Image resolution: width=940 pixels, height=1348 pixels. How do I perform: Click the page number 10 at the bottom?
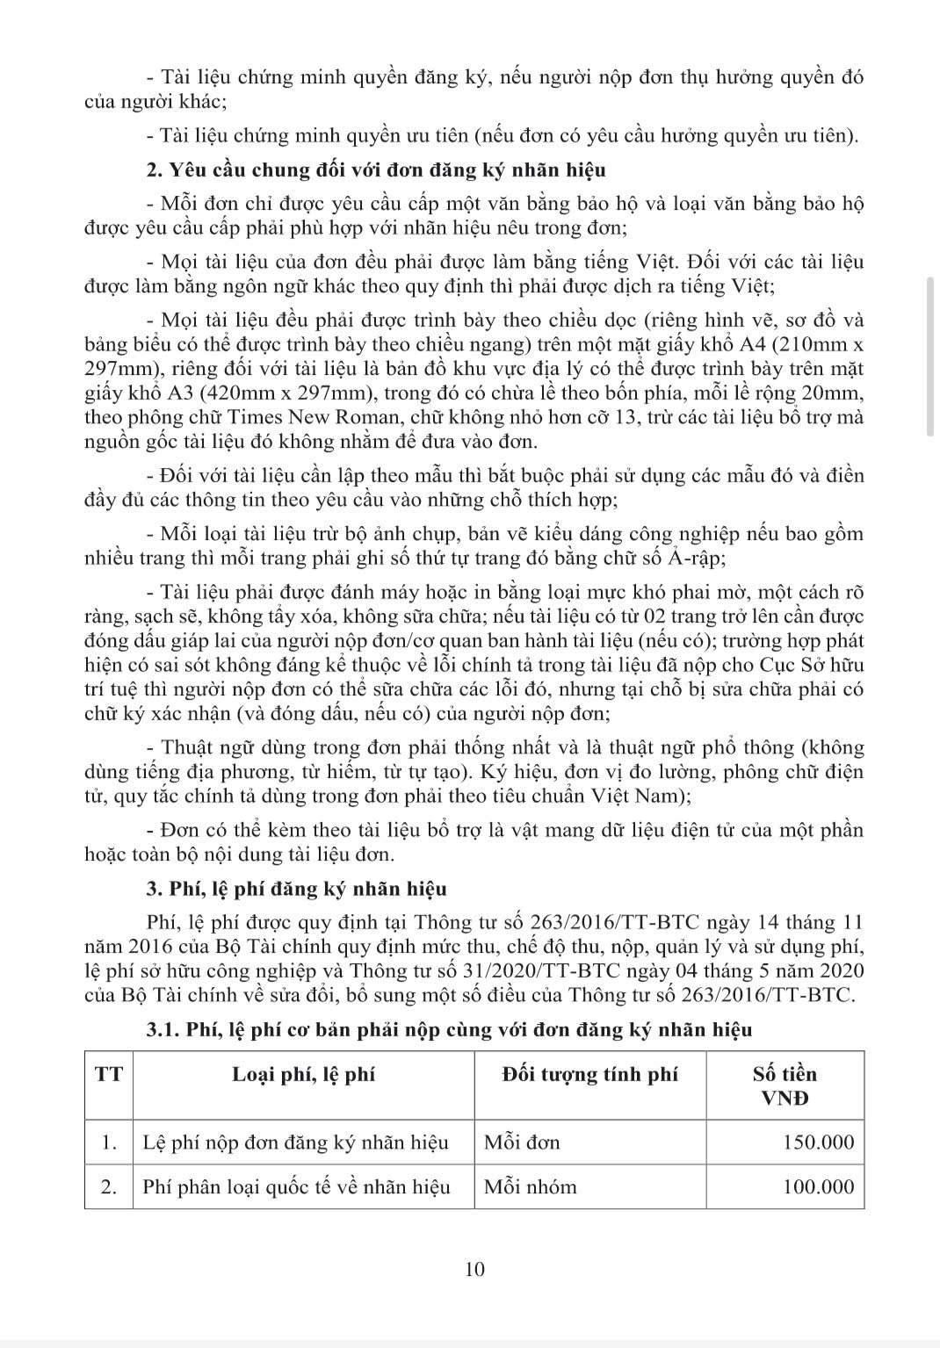(474, 1269)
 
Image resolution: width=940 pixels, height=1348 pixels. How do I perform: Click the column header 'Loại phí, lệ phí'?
(303, 1075)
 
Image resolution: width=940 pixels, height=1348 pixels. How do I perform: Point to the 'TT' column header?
(109, 1075)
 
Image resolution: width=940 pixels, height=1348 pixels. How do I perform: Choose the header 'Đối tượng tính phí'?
(590, 1075)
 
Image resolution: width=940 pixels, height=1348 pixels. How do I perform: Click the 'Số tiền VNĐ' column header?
(785, 1085)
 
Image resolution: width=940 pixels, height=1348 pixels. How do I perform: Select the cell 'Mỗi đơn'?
(522, 1143)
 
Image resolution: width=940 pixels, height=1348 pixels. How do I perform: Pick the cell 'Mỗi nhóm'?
(531, 1187)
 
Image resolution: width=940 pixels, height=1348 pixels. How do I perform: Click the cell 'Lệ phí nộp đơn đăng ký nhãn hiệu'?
(295, 1143)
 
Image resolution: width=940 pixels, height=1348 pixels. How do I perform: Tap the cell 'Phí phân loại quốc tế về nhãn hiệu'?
(296, 1187)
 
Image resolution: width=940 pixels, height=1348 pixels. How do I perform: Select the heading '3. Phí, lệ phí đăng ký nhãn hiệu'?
(296, 889)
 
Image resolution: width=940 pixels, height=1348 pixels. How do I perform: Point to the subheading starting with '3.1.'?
(449, 1029)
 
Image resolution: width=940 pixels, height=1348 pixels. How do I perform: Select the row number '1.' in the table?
(109, 1143)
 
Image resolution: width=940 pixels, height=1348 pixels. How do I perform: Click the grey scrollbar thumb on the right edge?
(930, 355)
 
